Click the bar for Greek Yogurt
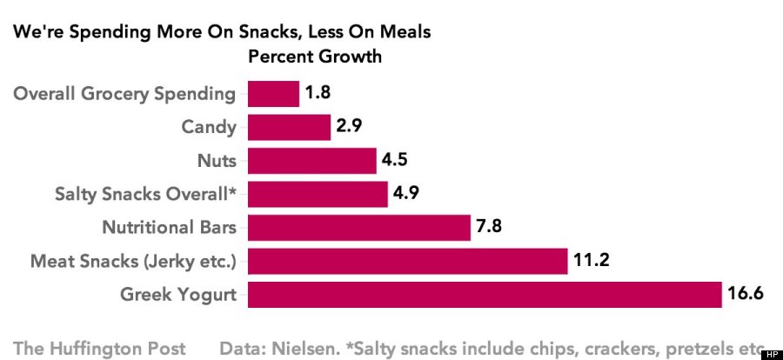485,294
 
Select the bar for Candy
289,127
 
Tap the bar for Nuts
311,161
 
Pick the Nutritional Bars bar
359,228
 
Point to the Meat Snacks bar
407,261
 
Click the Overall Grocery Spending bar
273,93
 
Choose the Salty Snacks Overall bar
318,194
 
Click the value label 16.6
745,294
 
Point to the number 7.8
489,228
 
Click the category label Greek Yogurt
178,294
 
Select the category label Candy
208,127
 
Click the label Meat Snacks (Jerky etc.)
133,261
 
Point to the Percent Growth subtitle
316,57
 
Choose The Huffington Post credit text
99,348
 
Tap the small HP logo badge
771,354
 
